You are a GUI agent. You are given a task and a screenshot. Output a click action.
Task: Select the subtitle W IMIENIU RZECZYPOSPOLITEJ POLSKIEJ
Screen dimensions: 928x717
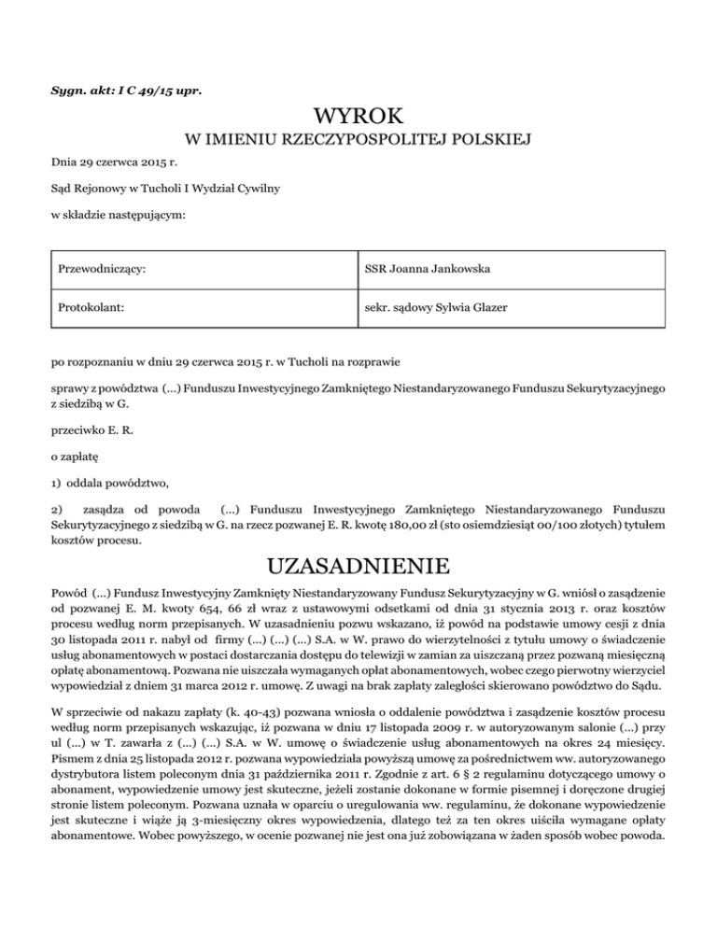[x=358, y=141]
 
